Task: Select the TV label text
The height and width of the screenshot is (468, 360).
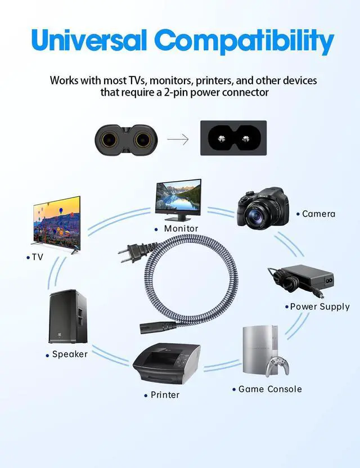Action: (x=37, y=257)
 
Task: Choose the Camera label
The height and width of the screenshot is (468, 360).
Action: (x=318, y=214)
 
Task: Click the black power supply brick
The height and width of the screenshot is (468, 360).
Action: (x=307, y=276)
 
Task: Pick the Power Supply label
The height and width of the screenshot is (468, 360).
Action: (x=319, y=307)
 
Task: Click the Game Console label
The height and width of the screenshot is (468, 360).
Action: (x=270, y=389)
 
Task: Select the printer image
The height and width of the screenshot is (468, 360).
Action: (x=167, y=363)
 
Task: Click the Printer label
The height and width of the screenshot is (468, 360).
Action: (x=165, y=395)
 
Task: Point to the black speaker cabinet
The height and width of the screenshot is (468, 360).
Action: (x=68, y=316)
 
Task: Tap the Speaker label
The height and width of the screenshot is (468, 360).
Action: (x=70, y=354)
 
